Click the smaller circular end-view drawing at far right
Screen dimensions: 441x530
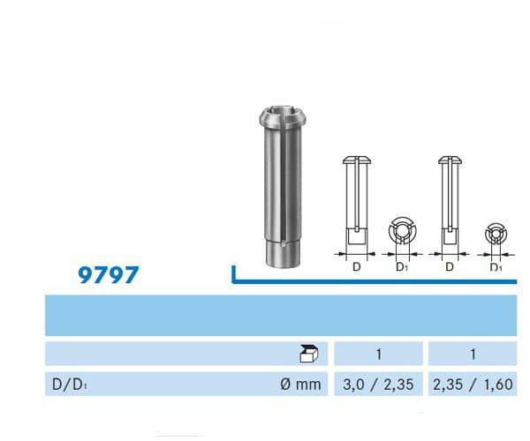click(x=496, y=235)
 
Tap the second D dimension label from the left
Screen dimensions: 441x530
click(x=449, y=265)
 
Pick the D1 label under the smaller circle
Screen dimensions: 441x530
click(x=496, y=266)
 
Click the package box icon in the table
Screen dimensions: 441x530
click(x=309, y=355)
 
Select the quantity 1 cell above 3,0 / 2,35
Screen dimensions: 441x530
click(x=378, y=355)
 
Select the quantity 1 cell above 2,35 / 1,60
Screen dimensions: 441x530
click(x=473, y=355)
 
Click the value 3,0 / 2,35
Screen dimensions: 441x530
click(x=378, y=385)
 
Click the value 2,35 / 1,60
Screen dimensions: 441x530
click(x=473, y=385)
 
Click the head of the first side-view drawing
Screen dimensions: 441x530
click(x=354, y=161)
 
